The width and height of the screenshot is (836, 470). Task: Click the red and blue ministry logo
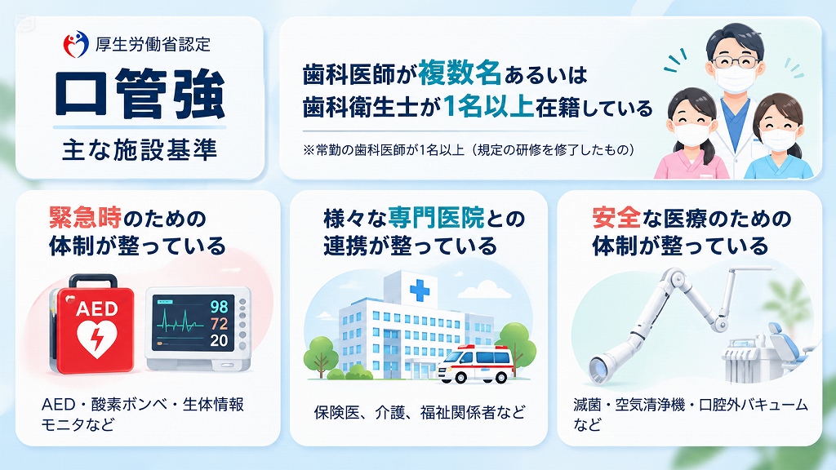click(x=76, y=44)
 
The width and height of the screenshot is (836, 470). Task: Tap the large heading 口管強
click(x=140, y=94)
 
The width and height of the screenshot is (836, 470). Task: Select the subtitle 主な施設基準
click(x=140, y=150)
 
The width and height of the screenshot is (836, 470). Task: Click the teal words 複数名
click(x=460, y=73)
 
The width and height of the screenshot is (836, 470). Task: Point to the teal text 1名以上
click(x=488, y=107)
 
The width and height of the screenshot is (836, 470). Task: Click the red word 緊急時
click(x=85, y=217)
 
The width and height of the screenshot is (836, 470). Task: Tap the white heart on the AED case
click(x=97, y=338)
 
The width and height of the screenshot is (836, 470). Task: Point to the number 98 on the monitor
click(x=219, y=307)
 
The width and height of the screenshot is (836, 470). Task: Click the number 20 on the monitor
click(x=219, y=340)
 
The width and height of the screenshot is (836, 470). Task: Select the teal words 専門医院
click(x=436, y=217)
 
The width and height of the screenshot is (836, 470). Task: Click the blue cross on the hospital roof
click(x=420, y=290)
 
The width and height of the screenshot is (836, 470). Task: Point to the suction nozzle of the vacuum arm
click(x=603, y=368)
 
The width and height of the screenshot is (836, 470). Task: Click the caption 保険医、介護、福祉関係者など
click(x=419, y=412)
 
